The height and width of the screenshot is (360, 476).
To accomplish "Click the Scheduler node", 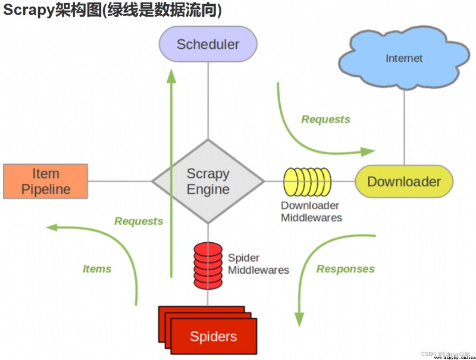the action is [208, 44].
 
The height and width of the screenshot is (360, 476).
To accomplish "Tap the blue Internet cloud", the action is [404, 58].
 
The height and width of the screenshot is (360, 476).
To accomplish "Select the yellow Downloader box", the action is [404, 181].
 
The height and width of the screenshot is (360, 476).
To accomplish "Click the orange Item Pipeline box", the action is [46, 181].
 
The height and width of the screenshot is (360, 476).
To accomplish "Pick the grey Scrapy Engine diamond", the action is [208, 181].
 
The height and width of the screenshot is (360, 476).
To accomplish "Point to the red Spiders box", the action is [208, 330].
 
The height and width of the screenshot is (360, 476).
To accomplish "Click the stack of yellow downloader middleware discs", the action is [307, 182].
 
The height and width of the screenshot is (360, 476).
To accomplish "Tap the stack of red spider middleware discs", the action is [208, 265].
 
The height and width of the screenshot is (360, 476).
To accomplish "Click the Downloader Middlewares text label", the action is [311, 212].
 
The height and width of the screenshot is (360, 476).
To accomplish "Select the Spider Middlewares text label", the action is [258, 264].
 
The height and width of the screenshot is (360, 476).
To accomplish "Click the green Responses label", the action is [346, 269].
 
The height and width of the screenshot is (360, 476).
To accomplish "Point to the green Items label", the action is [97, 269].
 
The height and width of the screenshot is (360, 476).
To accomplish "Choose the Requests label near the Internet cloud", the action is [325, 119].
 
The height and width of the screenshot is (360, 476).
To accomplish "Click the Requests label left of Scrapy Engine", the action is [139, 221].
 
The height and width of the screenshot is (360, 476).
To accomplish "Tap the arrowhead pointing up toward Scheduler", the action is [171, 76].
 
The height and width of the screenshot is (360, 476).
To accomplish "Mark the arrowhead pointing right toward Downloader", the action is [368, 151].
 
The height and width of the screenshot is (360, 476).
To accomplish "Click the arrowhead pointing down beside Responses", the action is [299, 320].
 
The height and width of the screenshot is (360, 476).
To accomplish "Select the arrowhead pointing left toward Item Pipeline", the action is [52, 227].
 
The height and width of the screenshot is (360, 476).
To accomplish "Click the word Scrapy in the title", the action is [29, 10].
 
